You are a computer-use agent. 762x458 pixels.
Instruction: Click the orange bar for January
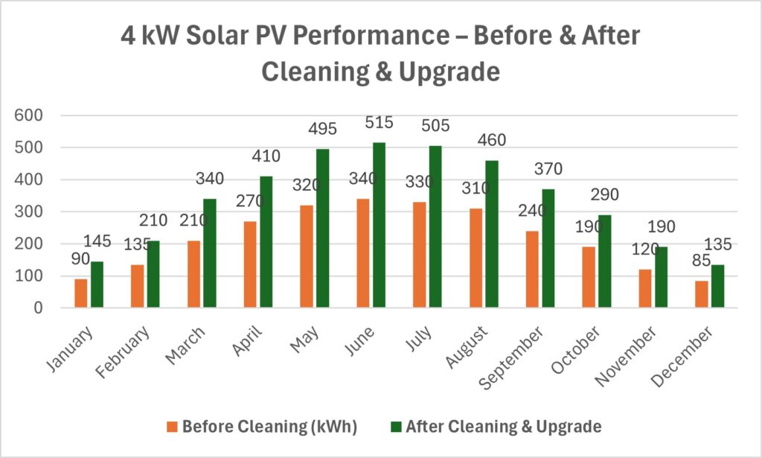[80, 293]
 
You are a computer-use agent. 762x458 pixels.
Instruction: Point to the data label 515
[378, 123]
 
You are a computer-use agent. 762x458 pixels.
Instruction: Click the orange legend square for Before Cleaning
[172, 427]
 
